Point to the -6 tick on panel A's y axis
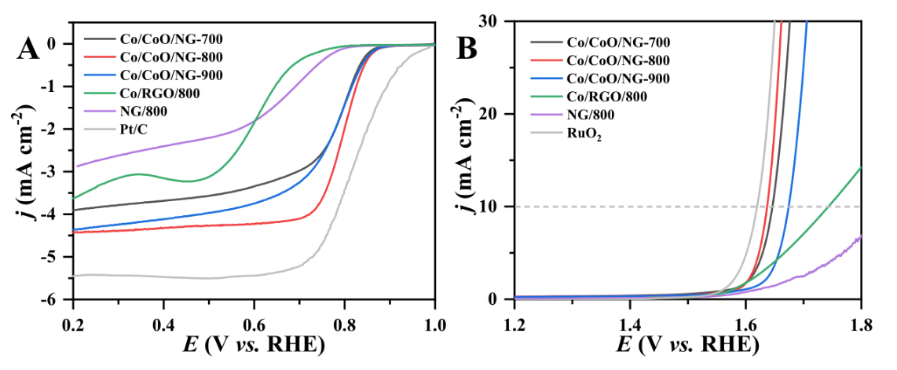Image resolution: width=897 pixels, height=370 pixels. [x=57, y=299]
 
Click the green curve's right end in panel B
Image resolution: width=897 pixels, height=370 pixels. [x=861, y=167]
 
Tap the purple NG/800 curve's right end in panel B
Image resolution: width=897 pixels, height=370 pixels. [x=861, y=236]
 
